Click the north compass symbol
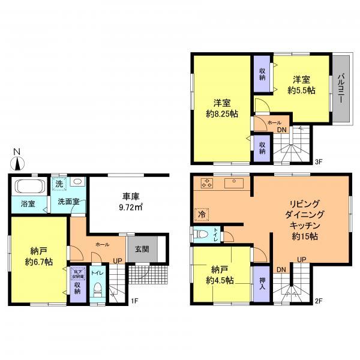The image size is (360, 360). (18, 160)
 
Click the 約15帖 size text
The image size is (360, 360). (306, 237)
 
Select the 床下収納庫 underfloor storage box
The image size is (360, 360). (77, 274)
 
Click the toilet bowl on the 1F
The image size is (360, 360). (98, 292)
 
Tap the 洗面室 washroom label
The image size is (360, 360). (68, 202)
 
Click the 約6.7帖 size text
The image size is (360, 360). (38, 262)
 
